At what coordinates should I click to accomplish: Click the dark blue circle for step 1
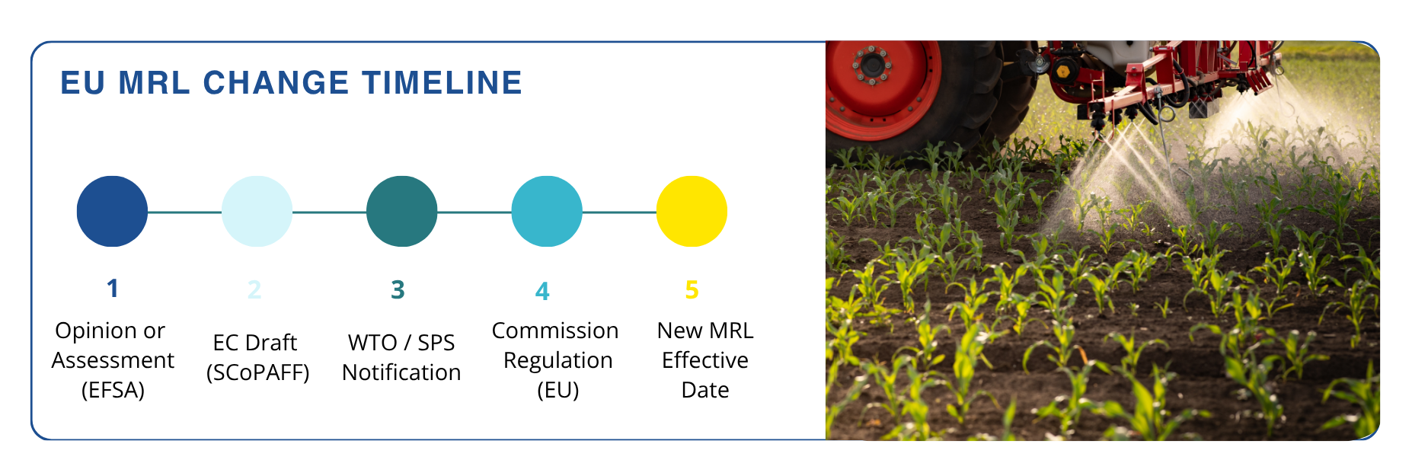[112, 211]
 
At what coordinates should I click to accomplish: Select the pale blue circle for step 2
[257, 211]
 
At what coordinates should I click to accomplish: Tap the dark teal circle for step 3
[401, 211]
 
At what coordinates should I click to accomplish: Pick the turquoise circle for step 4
[547, 211]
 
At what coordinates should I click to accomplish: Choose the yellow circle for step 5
[692, 211]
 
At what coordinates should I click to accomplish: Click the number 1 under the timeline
[113, 289]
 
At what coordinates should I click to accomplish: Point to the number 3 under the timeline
[398, 289]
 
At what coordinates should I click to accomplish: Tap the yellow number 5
[692, 289]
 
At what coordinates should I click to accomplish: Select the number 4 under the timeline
[542, 291]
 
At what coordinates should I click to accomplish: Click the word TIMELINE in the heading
[442, 83]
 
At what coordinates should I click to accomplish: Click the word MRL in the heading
[155, 83]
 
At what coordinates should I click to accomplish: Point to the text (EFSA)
[113, 390]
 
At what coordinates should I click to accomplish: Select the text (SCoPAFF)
[257, 372]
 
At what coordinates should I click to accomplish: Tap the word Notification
[401, 372]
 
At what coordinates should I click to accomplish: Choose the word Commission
[555, 331]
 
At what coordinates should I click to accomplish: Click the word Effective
[705, 360]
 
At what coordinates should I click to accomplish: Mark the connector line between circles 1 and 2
[184, 212]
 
